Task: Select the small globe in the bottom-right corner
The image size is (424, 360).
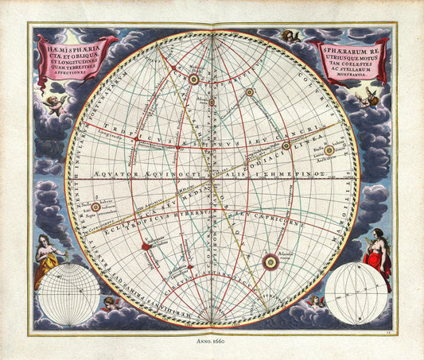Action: (356, 293)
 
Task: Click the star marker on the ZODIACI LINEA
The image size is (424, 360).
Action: (286, 145)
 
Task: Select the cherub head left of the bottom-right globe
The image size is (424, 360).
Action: (317, 301)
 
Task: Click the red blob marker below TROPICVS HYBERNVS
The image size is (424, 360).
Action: (146, 247)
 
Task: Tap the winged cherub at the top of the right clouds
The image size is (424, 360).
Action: (288, 37)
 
